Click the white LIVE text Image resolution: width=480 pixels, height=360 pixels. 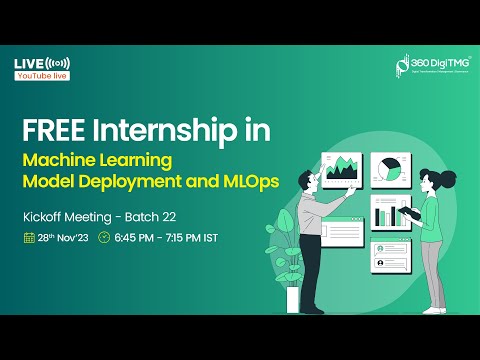click(28, 64)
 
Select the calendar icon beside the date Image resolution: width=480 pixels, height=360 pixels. click(29, 238)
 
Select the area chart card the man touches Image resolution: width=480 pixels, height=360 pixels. click(341, 170)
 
